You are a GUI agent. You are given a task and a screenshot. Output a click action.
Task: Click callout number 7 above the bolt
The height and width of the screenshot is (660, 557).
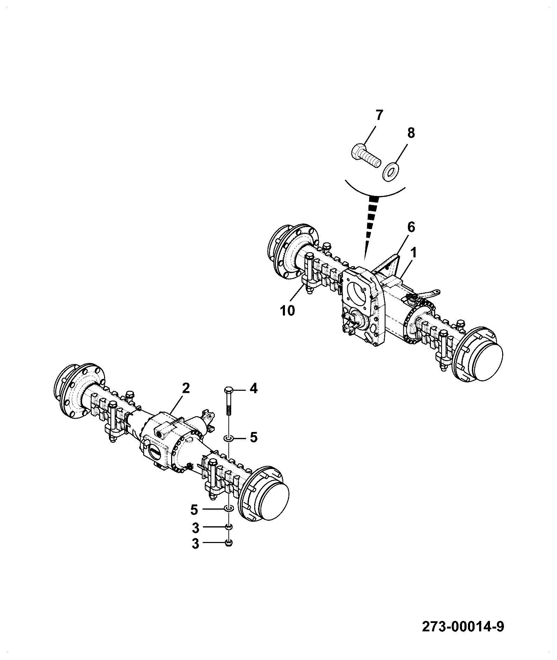tap(379, 115)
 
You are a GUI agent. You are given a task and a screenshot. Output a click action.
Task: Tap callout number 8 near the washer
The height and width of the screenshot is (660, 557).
tap(411, 133)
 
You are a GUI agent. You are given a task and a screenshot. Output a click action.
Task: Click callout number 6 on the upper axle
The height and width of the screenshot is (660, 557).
tap(411, 228)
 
